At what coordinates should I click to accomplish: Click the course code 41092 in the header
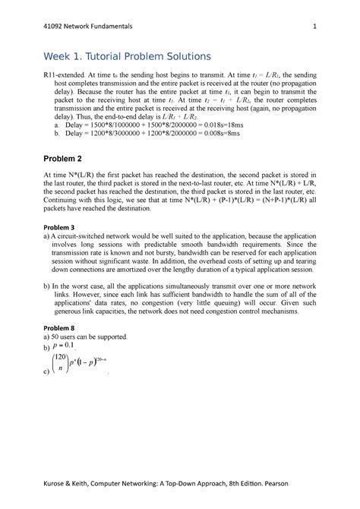pos(55,26)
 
